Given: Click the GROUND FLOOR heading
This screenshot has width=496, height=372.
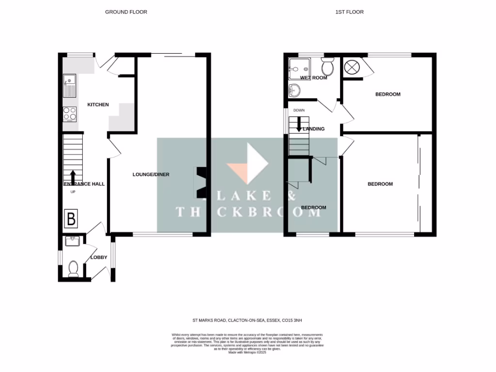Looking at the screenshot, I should [126, 12].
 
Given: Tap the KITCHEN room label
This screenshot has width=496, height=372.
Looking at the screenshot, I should [98, 105].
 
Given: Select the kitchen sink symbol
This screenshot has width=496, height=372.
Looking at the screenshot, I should [69, 85].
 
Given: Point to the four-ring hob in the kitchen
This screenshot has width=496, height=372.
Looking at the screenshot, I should [70, 114].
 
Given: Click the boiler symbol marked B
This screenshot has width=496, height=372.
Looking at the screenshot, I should [71, 219].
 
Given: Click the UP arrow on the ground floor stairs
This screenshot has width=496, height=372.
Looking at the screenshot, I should [73, 177].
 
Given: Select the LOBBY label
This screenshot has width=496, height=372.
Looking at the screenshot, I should [99, 257].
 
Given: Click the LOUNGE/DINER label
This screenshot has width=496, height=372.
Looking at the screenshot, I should [151, 174].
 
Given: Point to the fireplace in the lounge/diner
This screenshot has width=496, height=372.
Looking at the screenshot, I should [201, 183].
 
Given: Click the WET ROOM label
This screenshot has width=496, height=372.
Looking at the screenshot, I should [313, 77].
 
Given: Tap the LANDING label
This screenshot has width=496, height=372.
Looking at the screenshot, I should [313, 129].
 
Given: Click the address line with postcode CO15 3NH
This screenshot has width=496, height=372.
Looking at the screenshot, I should [248, 320].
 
